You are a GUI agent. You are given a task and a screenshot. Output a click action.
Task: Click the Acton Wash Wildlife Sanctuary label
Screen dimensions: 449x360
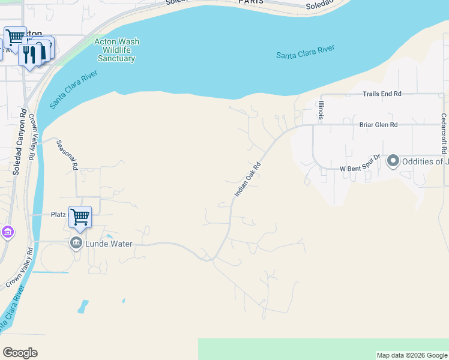coord(116,50)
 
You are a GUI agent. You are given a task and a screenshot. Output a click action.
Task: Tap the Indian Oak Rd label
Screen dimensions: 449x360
coord(248,179)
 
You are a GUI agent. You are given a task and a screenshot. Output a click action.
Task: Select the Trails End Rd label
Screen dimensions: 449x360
coord(381,94)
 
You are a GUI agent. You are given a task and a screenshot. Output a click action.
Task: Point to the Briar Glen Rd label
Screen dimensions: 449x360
coord(378,125)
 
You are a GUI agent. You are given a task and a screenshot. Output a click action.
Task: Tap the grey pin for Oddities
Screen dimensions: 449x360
coord(393,161)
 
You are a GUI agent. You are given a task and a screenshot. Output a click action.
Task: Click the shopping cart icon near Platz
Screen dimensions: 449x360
coord(80,217)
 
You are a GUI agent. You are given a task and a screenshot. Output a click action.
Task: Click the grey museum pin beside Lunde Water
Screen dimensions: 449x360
coord(76,243)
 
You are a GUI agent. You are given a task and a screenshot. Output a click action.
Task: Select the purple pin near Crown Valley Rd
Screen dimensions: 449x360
coord(7,232)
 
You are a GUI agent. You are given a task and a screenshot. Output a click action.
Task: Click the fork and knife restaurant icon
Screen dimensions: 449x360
coord(29,55)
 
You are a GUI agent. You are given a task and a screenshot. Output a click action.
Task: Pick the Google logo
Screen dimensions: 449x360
coord(20,353)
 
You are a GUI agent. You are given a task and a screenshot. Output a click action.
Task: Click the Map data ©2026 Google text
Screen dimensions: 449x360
coord(412,355)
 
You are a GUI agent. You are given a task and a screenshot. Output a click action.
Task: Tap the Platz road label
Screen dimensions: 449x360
coord(58,214)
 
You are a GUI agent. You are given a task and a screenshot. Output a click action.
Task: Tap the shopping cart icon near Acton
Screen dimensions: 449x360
coord(15,37)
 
